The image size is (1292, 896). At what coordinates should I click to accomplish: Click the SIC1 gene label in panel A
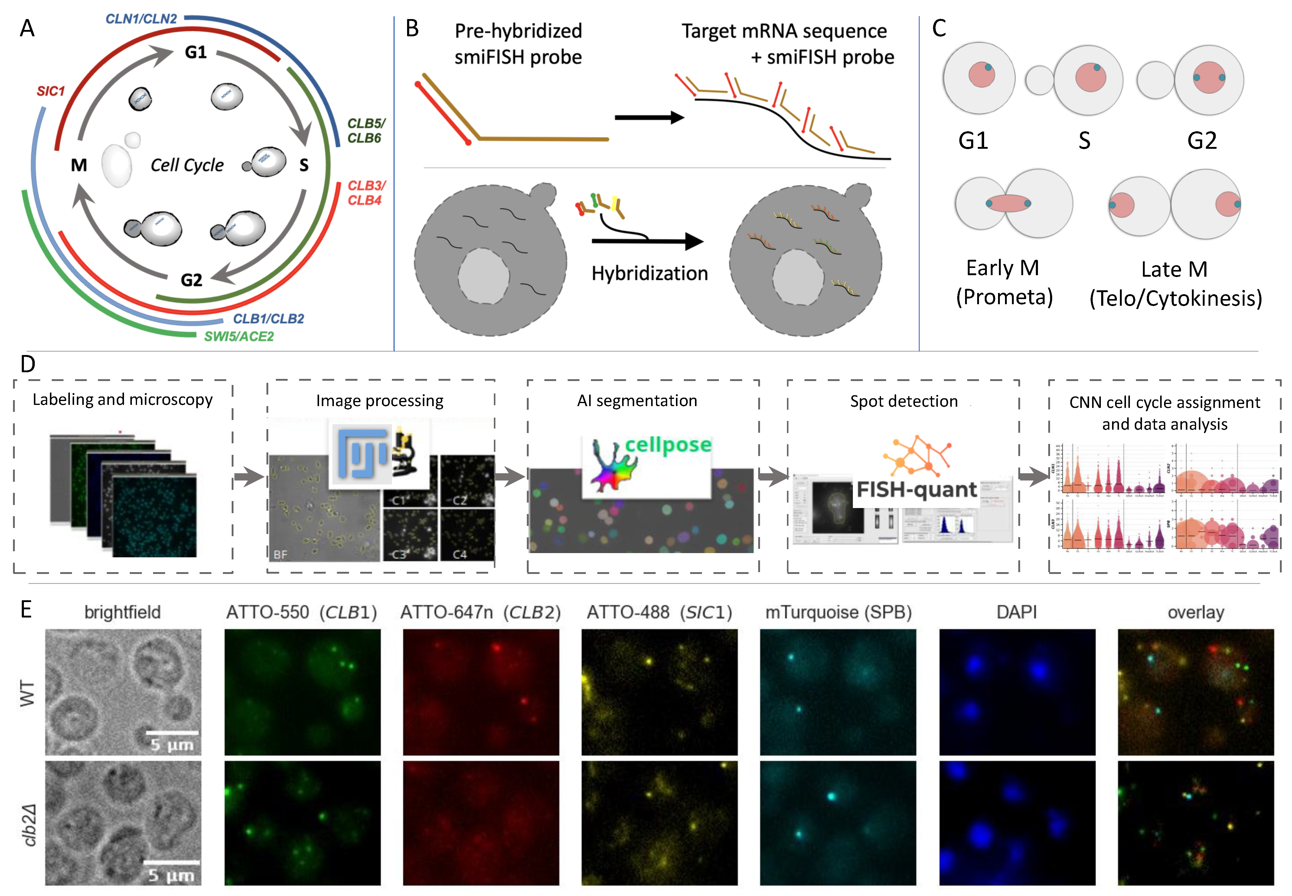[x=51, y=91]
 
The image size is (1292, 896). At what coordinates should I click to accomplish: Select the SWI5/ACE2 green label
[x=239, y=336]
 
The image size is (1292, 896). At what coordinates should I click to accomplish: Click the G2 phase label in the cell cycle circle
[x=191, y=280]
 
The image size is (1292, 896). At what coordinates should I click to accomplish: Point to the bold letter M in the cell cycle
[x=79, y=165]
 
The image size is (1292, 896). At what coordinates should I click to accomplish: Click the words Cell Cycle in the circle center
[x=187, y=165]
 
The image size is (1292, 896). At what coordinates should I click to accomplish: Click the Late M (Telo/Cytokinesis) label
[x=1175, y=284]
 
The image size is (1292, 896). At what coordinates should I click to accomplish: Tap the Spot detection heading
[x=903, y=401]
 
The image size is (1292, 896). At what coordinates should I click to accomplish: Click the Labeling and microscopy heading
[x=122, y=400]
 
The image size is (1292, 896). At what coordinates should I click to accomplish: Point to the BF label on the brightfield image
[x=280, y=555]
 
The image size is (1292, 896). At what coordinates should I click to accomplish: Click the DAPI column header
[x=1016, y=612]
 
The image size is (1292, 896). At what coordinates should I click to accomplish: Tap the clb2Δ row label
[x=29, y=824]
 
